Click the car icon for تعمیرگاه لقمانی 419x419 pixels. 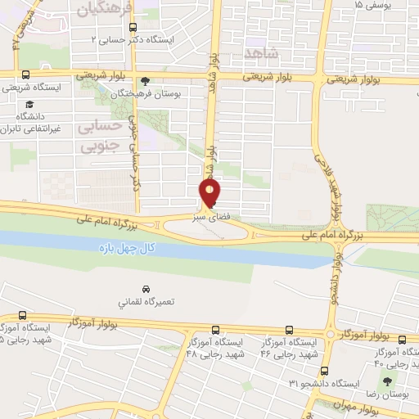[x=146, y=289]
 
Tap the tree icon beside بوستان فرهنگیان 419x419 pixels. [x=146, y=81]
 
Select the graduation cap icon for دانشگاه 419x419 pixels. [x=29, y=105]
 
